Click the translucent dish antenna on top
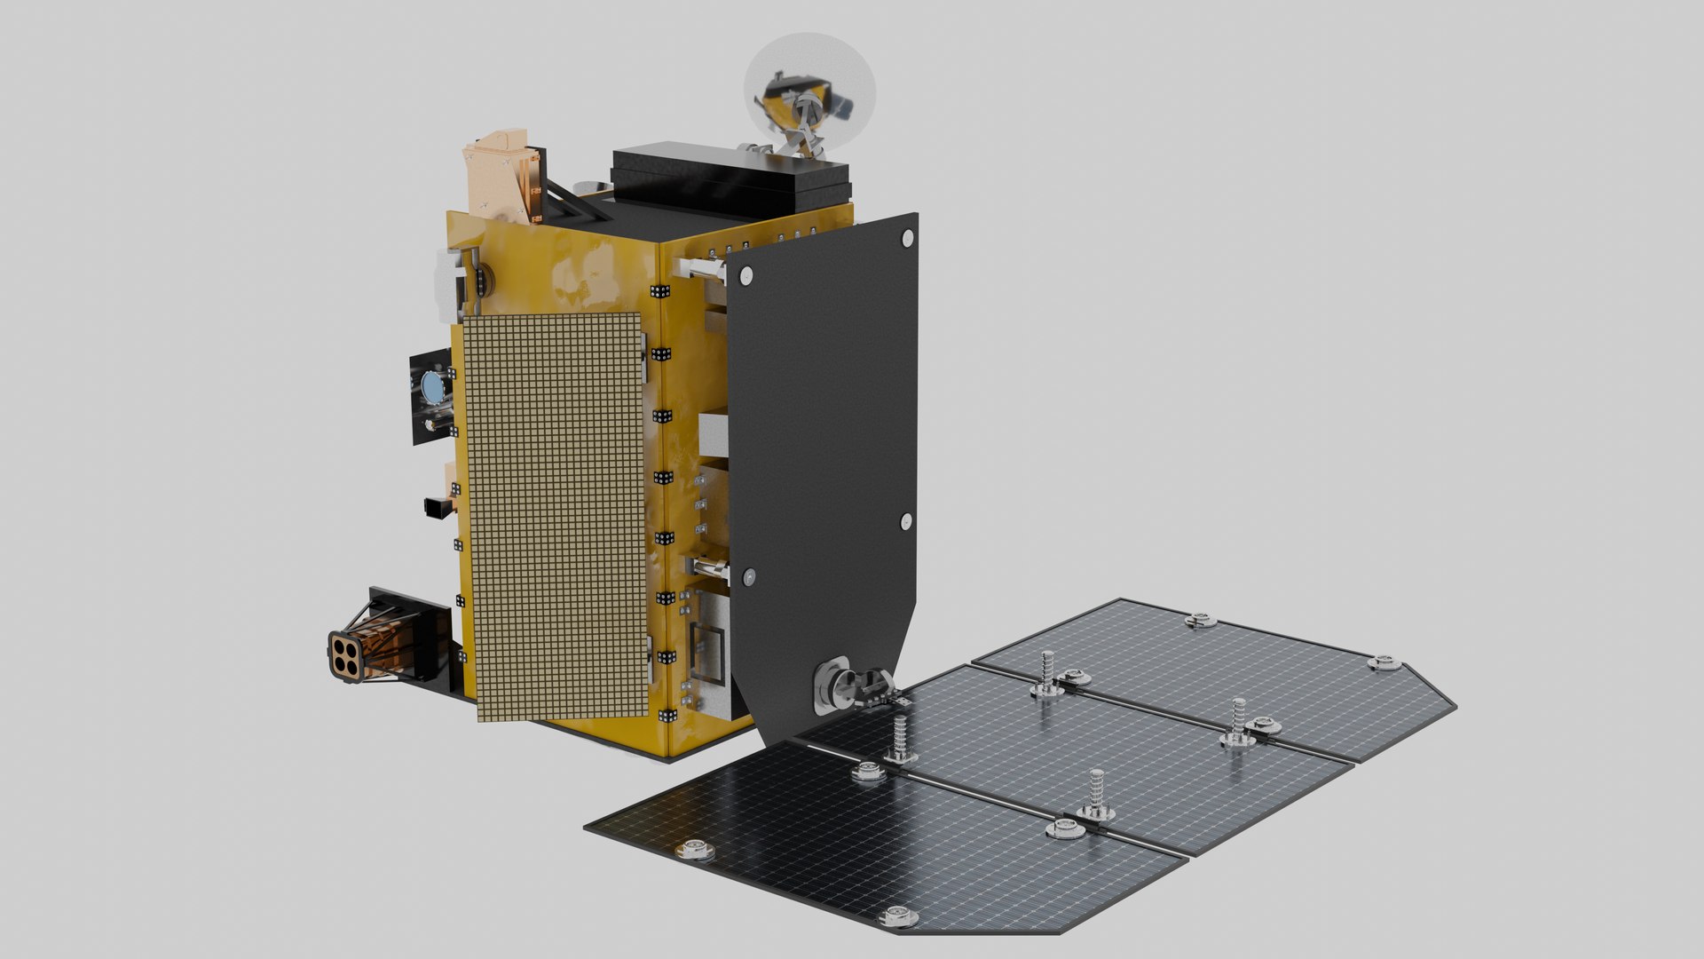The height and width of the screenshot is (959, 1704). click(x=809, y=93)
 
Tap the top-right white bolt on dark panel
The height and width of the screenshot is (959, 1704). click(x=907, y=238)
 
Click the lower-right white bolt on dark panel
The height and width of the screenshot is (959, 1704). click(x=906, y=521)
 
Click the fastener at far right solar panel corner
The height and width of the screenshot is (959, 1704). click(x=1383, y=662)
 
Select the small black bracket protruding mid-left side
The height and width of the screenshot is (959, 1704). click(x=436, y=507)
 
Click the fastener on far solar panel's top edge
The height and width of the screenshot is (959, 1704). click(x=1199, y=620)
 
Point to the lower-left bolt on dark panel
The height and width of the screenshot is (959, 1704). click(x=749, y=577)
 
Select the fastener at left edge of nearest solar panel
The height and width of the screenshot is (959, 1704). click(x=694, y=851)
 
